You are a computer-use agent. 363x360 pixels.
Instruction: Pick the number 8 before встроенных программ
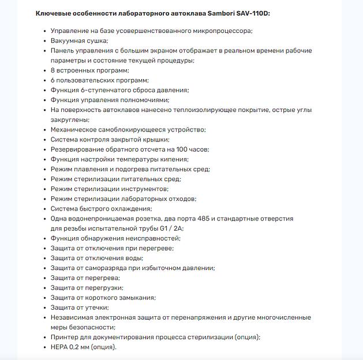click(x=53, y=70)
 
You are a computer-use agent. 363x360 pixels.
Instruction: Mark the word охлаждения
click(x=131, y=209)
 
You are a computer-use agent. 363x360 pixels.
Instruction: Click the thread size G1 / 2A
click(x=167, y=228)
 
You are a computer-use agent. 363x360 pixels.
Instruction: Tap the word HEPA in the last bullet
click(x=59, y=347)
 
